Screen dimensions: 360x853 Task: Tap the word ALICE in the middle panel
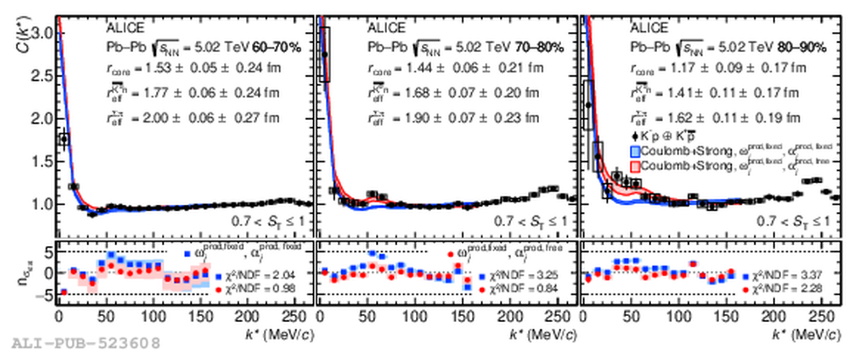coord(387,28)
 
